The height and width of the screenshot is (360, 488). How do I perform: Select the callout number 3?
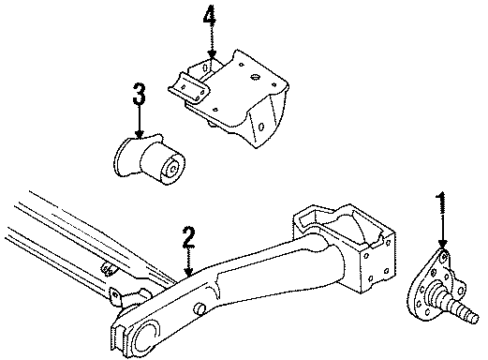[x=139, y=95]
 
